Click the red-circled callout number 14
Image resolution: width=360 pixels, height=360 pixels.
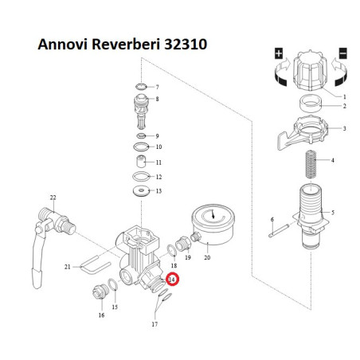click(172, 280)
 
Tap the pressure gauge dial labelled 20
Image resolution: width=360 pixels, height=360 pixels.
click(213, 225)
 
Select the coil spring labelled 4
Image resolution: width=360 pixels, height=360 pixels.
click(311, 164)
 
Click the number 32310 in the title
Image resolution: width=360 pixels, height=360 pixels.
click(186, 45)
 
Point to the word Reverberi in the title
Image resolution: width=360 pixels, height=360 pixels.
click(126, 45)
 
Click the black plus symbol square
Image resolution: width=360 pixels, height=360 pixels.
click(279, 53)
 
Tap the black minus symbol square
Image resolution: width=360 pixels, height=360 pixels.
click(343, 53)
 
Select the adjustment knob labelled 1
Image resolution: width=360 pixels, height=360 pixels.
click(310, 70)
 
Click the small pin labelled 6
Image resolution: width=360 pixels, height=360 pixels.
click(279, 231)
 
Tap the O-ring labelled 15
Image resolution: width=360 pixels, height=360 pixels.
click(113, 285)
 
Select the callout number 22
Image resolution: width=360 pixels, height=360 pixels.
click(53, 198)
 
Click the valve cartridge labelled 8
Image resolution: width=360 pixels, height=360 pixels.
click(142, 111)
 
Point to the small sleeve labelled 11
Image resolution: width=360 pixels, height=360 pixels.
click(142, 161)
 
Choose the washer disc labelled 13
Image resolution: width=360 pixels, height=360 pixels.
click(141, 191)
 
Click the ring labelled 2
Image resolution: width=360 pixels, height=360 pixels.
click(310, 104)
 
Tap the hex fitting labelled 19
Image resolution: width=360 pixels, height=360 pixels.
click(183, 244)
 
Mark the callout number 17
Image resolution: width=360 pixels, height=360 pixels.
click(155, 324)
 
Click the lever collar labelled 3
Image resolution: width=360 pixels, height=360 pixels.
click(303, 131)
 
